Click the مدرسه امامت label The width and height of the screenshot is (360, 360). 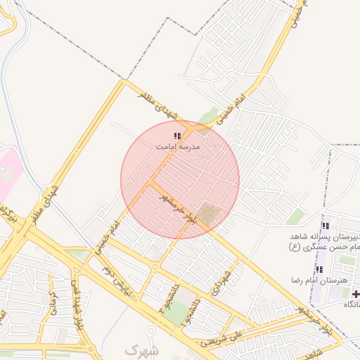click(178, 146)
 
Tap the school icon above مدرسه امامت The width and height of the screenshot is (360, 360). click(177, 135)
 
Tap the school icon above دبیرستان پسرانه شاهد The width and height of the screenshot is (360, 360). click(325, 226)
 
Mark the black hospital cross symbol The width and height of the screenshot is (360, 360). click(356, 294)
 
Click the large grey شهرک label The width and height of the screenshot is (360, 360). click(142, 349)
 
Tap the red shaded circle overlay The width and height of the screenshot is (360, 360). click(180, 179)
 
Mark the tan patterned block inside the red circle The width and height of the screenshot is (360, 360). click(209, 212)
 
